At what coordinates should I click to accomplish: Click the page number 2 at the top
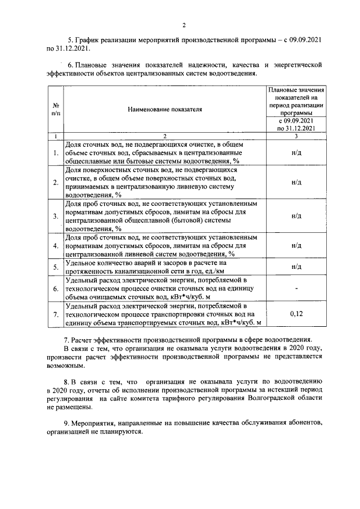183,25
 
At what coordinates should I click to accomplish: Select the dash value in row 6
296,289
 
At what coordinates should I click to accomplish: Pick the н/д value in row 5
296,266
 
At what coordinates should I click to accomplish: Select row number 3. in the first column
56,215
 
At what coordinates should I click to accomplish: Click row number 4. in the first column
56,245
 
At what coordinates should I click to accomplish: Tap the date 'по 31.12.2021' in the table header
296,128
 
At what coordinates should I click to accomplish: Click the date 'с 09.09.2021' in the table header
296,120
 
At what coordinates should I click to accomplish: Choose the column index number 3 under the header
296,136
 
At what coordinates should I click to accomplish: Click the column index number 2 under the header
165,136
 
